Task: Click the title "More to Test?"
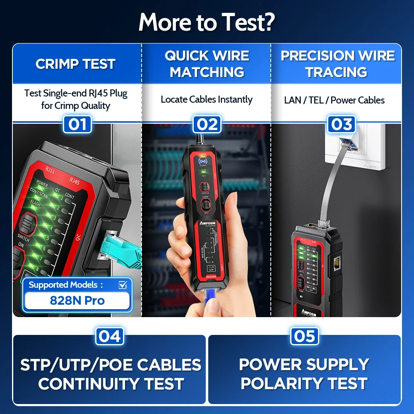(207, 22)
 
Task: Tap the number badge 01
(77, 124)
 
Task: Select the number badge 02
(207, 124)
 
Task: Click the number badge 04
(110, 336)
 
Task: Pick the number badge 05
(305, 336)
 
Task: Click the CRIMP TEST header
(75, 64)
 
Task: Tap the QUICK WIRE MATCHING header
(207, 64)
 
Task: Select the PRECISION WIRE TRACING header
(337, 64)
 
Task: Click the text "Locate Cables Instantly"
(207, 99)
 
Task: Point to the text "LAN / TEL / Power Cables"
(334, 100)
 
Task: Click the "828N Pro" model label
(77, 300)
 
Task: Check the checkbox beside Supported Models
(123, 285)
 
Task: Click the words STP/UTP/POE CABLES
(111, 365)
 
